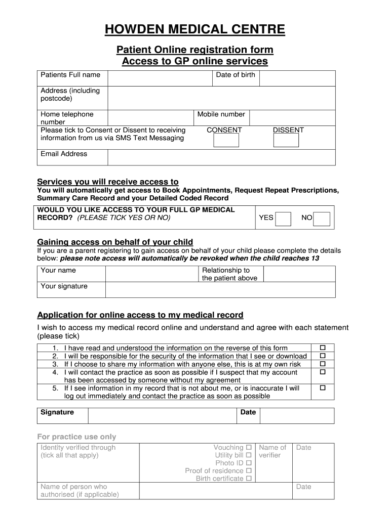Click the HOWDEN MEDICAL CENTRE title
tap(195, 30)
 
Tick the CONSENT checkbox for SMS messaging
tap(226, 140)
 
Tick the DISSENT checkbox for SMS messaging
tap(286, 140)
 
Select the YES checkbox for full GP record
tap(283, 219)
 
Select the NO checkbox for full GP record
tap(322, 219)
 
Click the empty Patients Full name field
tap(159, 78)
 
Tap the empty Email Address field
tap(221, 157)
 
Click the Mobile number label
tap(221, 114)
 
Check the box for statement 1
tap(322, 348)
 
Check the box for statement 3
tap(322, 364)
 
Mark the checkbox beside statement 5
tap(322, 388)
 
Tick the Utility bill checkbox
tap(249, 455)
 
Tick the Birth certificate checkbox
tap(249, 479)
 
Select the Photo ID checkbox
tap(249, 463)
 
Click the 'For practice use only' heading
tap(76, 437)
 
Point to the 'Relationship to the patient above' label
tap(229, 274)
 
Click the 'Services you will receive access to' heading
tap(108, 182)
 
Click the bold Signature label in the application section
tap(57, 412)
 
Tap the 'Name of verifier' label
tap(272, 451)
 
